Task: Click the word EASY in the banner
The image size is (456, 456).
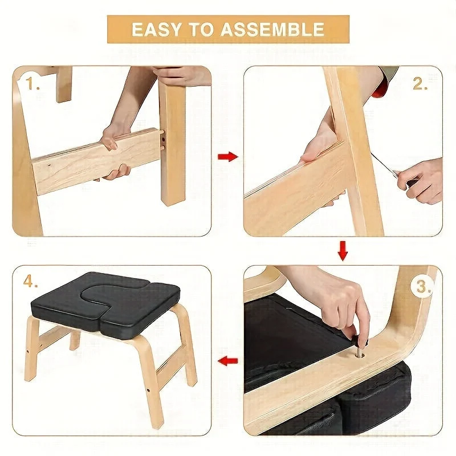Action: [x=156, y=30]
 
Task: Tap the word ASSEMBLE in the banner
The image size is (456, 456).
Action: [x=272, y=30]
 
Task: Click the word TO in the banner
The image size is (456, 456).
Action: [x=200, y=30]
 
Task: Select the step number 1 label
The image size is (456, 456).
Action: [x=32, y=83]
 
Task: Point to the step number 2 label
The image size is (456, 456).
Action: [x=420, y=83]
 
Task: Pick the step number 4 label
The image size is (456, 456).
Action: [x=31, y=281]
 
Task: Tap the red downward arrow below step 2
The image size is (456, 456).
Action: [x=343, y=250]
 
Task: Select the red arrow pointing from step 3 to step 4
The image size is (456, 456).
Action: [x=228, y=361]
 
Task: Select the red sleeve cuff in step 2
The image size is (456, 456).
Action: [x=380, y=87]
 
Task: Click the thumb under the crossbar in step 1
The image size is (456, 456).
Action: [x=116, y=173]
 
